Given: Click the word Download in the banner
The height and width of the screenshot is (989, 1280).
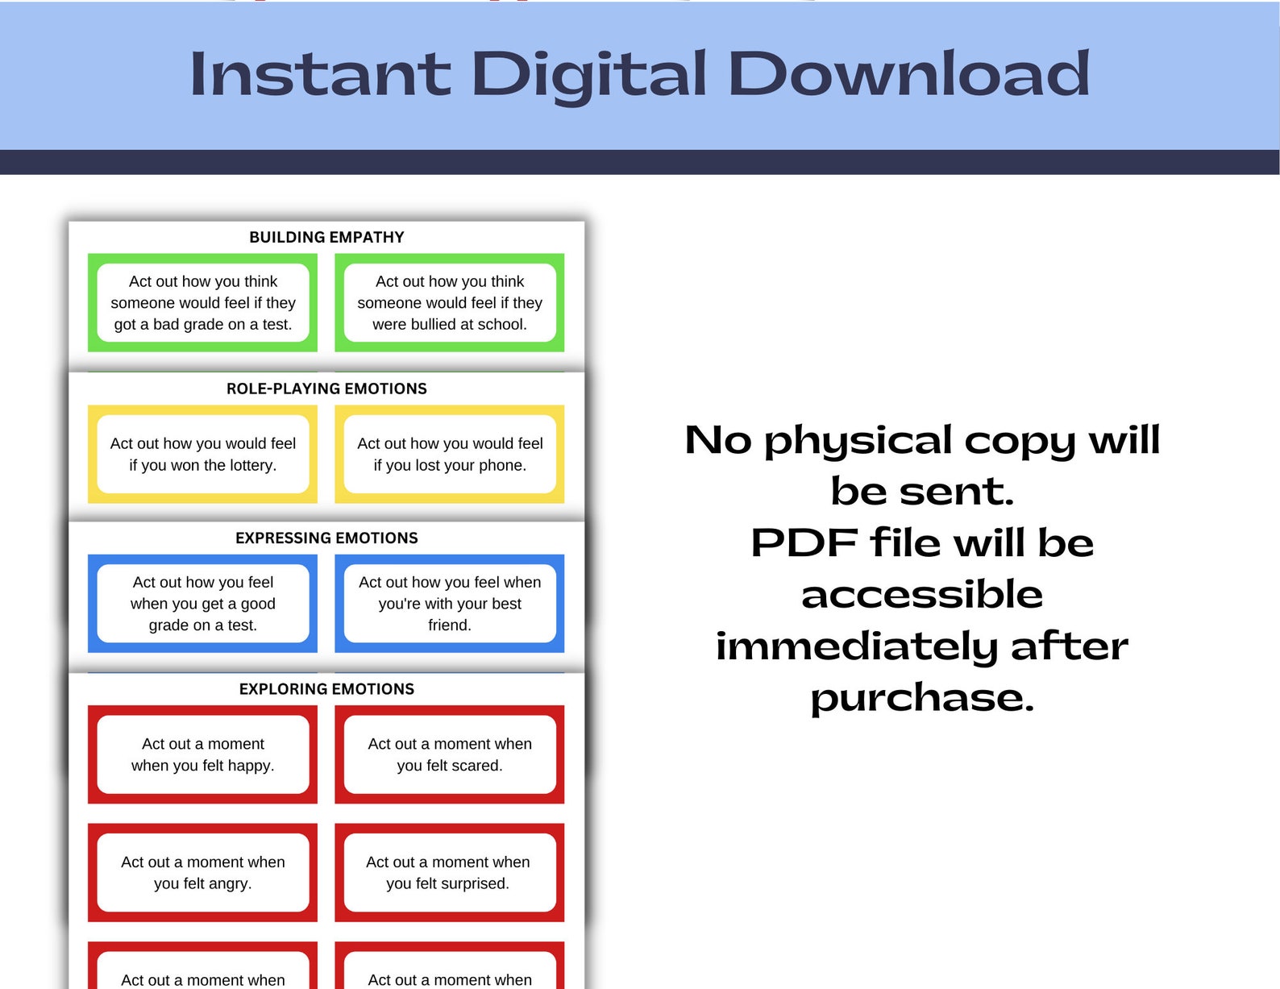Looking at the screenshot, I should (908, 74).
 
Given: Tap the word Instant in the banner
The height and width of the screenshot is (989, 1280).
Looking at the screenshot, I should (319, 74).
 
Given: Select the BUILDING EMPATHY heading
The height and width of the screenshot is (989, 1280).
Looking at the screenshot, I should (326, 237).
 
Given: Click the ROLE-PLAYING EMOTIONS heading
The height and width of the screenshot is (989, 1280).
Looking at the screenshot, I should (326, 389).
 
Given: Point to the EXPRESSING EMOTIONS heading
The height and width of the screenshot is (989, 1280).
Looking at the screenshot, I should (326, 538).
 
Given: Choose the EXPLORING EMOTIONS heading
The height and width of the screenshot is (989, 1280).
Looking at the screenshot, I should (326, 689).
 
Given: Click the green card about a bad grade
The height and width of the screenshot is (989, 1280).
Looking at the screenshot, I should (203, 303).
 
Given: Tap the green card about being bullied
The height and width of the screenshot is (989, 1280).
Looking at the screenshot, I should (450, 303).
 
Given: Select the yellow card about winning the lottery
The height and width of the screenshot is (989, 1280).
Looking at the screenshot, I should (203, 454).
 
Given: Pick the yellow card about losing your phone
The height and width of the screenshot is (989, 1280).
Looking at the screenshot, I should (450, 454).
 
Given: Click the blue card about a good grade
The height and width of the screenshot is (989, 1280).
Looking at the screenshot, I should (203, 604).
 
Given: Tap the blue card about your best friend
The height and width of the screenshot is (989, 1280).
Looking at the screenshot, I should (450, 604).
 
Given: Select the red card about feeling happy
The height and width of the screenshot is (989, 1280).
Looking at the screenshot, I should (203, 754).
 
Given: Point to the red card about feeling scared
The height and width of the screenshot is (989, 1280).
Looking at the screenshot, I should (450, 754).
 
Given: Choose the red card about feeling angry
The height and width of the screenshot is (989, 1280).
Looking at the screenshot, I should (203, 873).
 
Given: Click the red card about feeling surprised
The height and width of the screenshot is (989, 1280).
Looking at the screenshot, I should (450, 873).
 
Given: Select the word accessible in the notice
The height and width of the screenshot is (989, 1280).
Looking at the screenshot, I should (922, 595).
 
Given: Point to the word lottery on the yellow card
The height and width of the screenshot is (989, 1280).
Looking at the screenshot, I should (251, 466).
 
